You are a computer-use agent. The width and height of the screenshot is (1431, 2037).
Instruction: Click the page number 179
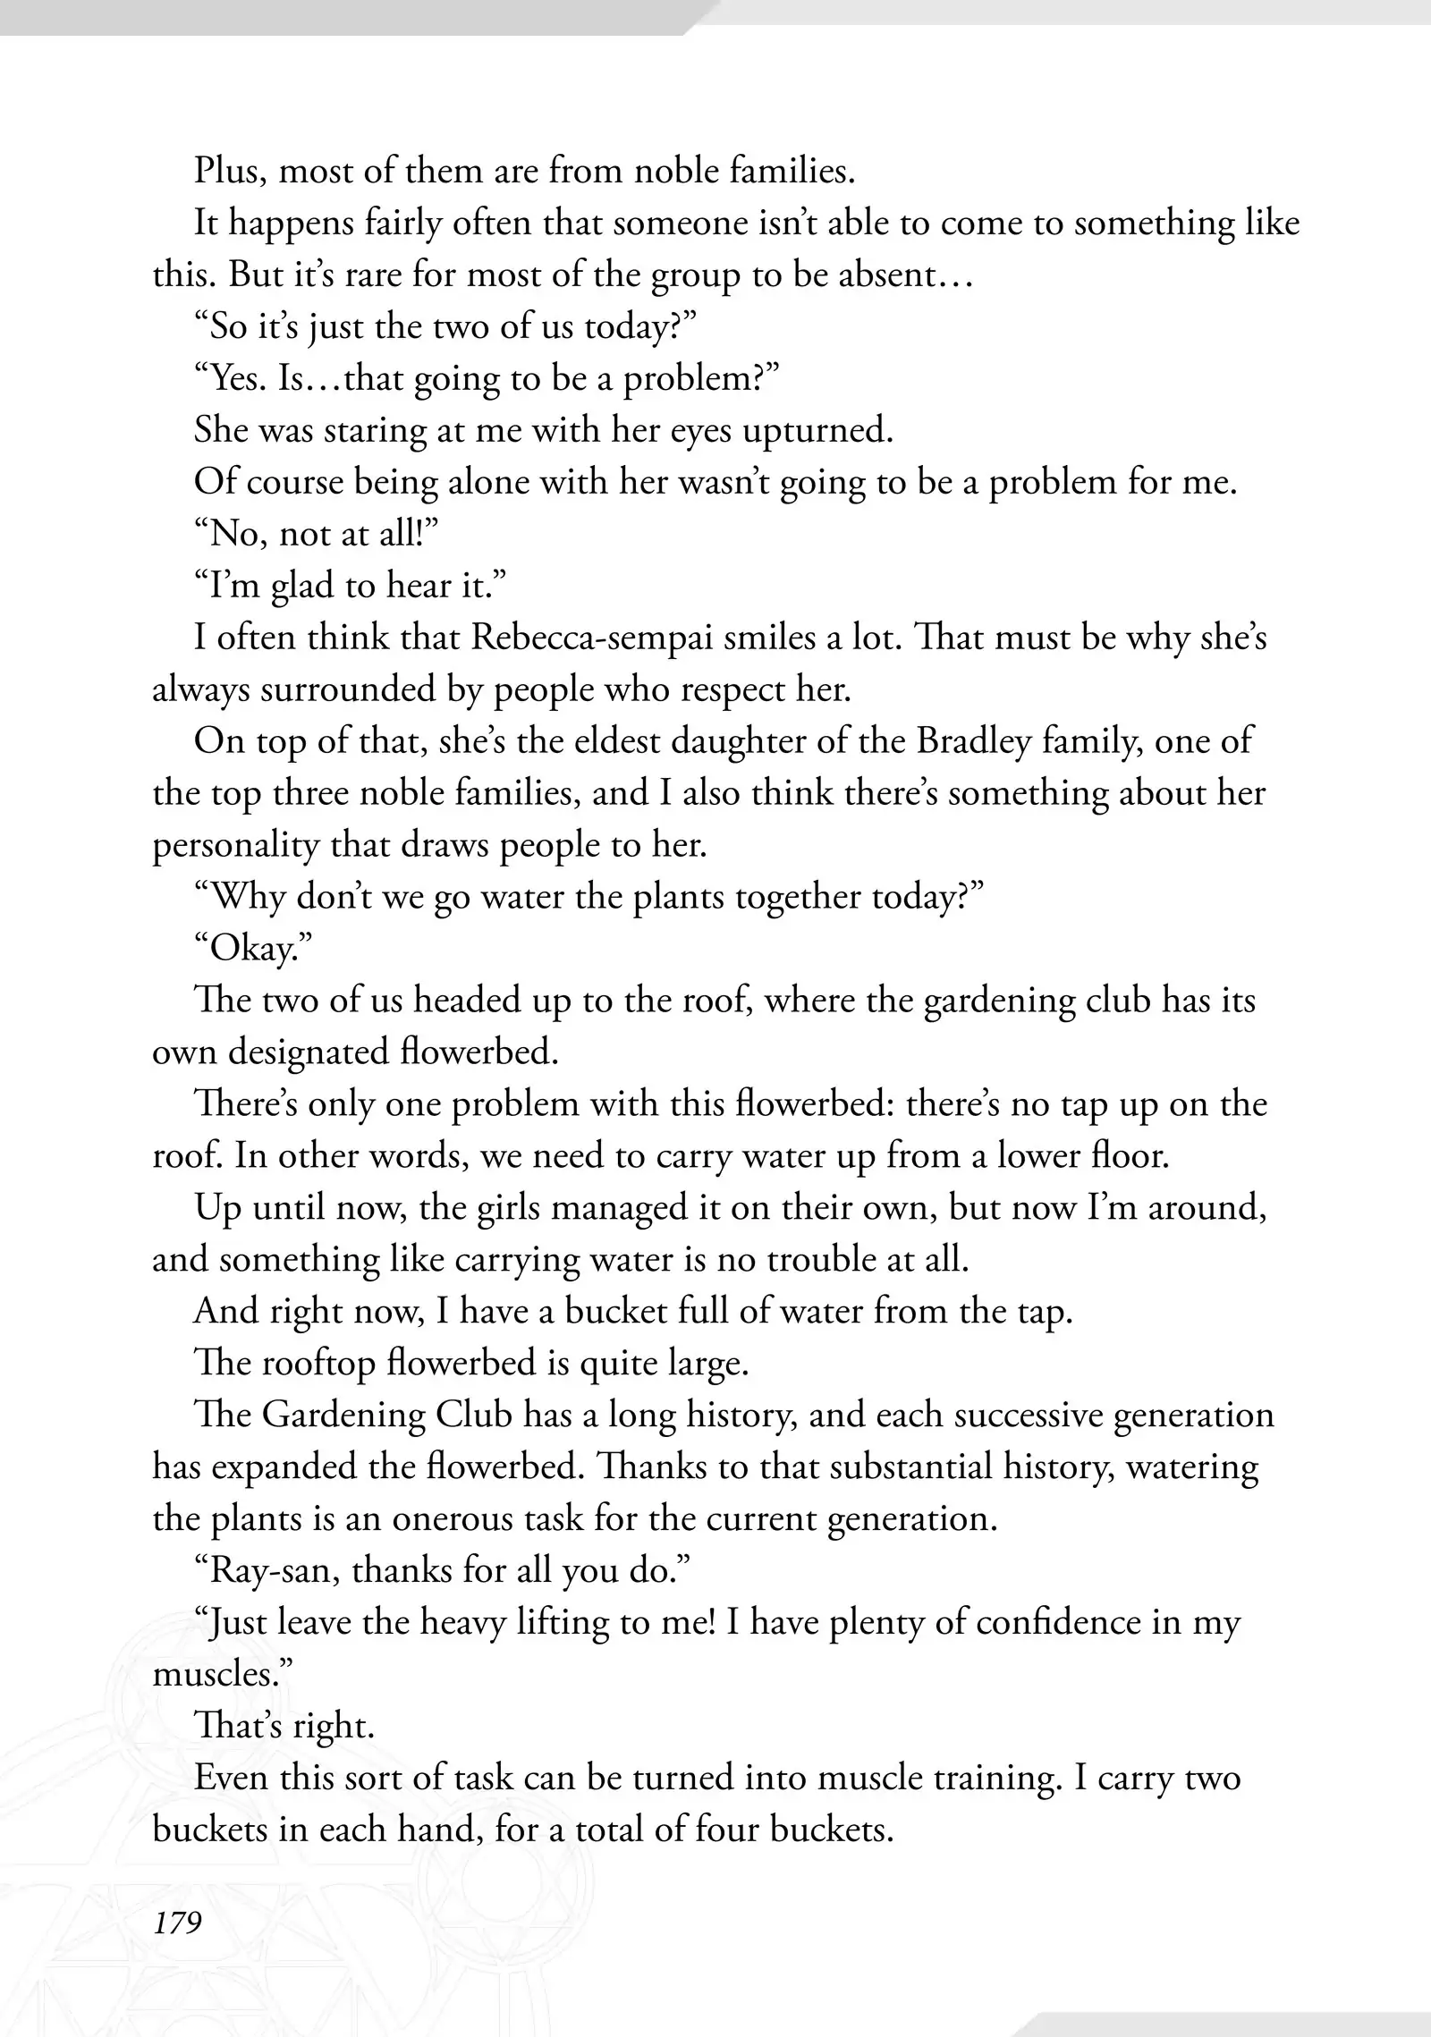[x=177, y=1921]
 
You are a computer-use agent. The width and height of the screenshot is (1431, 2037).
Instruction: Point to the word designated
[x=308, y=1052]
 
